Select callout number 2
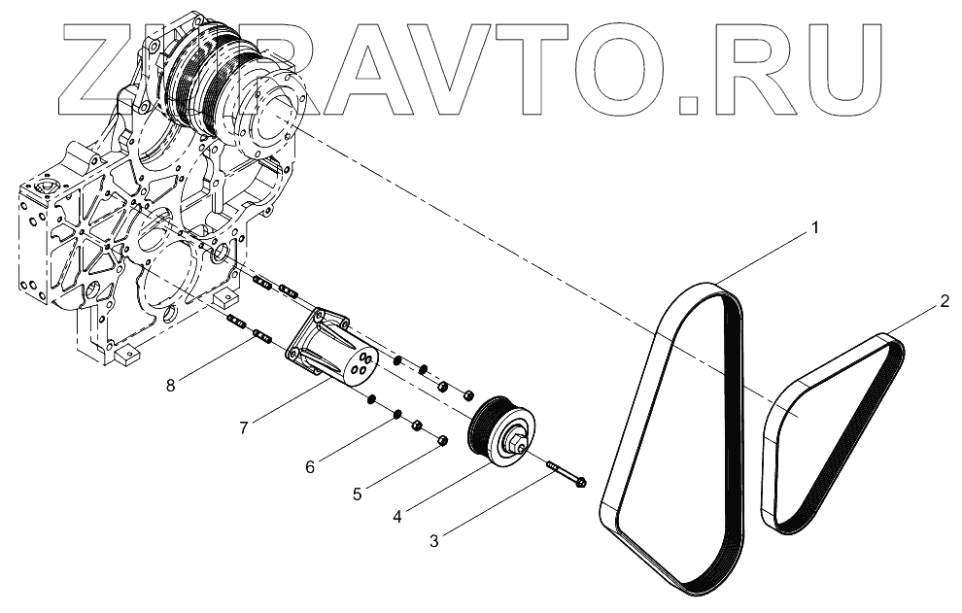[x=944, y=302]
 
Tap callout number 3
[x=433, y=540]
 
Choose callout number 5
[x=358, y=494]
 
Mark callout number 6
[x=310, y=466]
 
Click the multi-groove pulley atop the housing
[x=199, y=78]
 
